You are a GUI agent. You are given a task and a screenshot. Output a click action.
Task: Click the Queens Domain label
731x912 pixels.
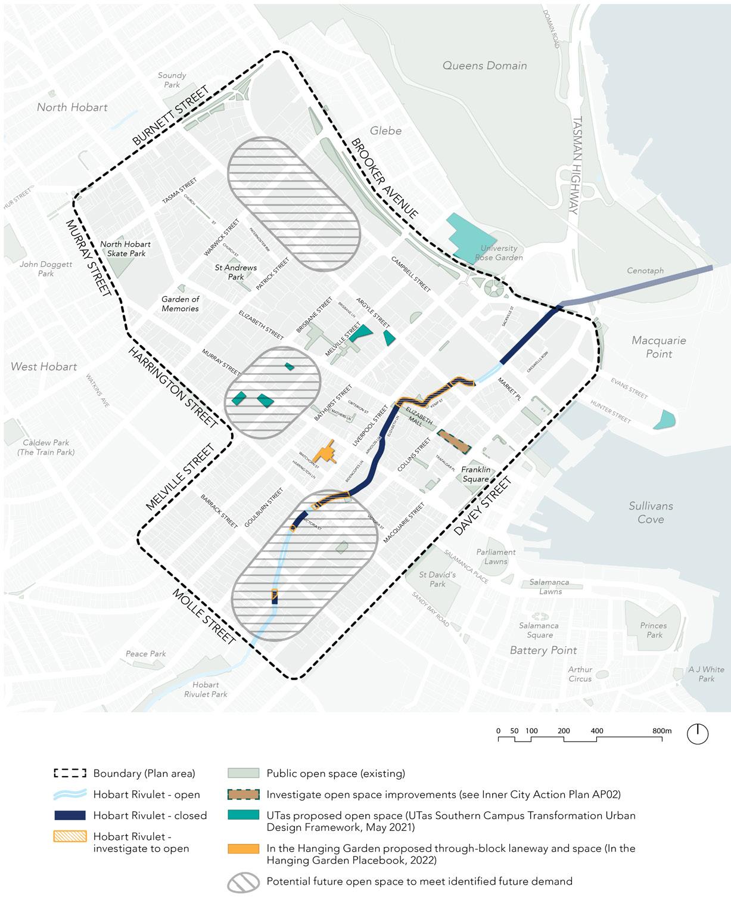pyautogui.click(x=484, y=66)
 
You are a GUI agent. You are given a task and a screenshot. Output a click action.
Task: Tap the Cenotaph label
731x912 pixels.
pyautogui.click(x=645, y=271)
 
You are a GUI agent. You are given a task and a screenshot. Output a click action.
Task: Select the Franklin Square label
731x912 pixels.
pyautogui.click(x=475, y=474)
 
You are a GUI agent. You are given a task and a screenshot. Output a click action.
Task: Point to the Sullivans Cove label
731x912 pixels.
pyautogui.click(x=651, y=512)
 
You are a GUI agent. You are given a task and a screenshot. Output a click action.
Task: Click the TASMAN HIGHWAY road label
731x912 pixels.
pyautogui.click(x=576, y=165)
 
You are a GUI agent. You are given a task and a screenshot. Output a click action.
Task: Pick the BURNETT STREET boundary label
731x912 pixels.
pyautogui.click(x=170, y=116)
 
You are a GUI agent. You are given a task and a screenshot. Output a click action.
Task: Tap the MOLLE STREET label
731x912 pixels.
pyautogui.click(x=204, y=616)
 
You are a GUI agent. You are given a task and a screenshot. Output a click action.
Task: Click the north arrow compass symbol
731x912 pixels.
pyautogui.click(x=698, y=733)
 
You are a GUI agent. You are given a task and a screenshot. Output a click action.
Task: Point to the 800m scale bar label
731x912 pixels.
pyautogui.click(x=662, y=731)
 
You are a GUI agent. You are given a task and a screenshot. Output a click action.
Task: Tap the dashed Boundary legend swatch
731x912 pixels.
pyautogui.click(x=70, y=774)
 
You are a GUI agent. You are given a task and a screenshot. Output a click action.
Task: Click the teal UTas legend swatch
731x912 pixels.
pyautogui.click(x=243, y=815)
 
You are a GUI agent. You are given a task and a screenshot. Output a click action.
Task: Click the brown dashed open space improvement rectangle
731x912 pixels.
pyautogui.click(x=455, y=442)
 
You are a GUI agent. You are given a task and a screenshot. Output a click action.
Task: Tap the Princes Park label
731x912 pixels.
pyautogui.click(x=654, y=630)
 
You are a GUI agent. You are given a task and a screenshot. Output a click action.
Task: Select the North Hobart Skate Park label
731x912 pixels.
pyautogui.click(x=125, y=249)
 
